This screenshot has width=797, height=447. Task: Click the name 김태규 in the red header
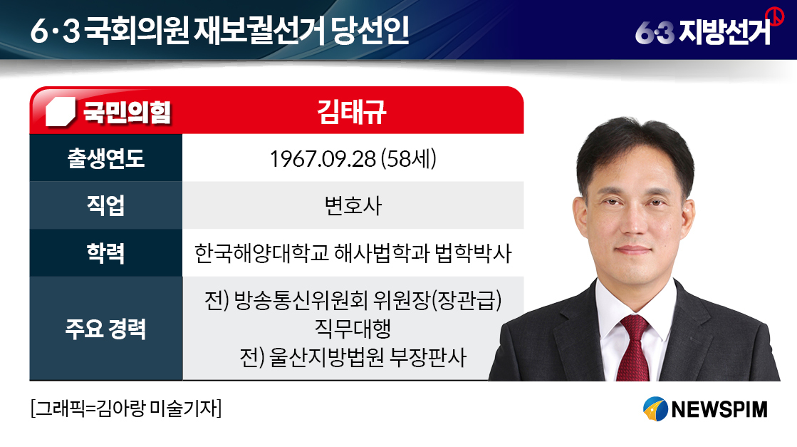click(352, 112)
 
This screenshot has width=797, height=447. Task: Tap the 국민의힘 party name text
click(127, 111)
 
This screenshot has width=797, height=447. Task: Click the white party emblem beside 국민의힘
click(61, 112)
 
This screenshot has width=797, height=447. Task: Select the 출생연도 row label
click(105, 158)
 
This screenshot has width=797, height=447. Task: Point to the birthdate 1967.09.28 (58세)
click(353, 159)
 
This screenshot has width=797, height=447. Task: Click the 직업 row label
click(105, 205)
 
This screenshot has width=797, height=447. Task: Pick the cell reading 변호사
click(353, 205)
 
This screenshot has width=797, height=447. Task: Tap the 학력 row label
click(105, 253)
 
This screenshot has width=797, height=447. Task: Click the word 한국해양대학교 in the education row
click(261, 253)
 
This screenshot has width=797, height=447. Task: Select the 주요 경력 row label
click(105, 329)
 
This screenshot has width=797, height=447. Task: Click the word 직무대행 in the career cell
click(353, 329)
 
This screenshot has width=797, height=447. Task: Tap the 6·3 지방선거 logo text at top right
click(703, 32)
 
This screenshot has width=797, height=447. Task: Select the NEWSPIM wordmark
click(719, 409)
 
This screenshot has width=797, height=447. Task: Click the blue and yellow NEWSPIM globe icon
click(656, 409)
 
